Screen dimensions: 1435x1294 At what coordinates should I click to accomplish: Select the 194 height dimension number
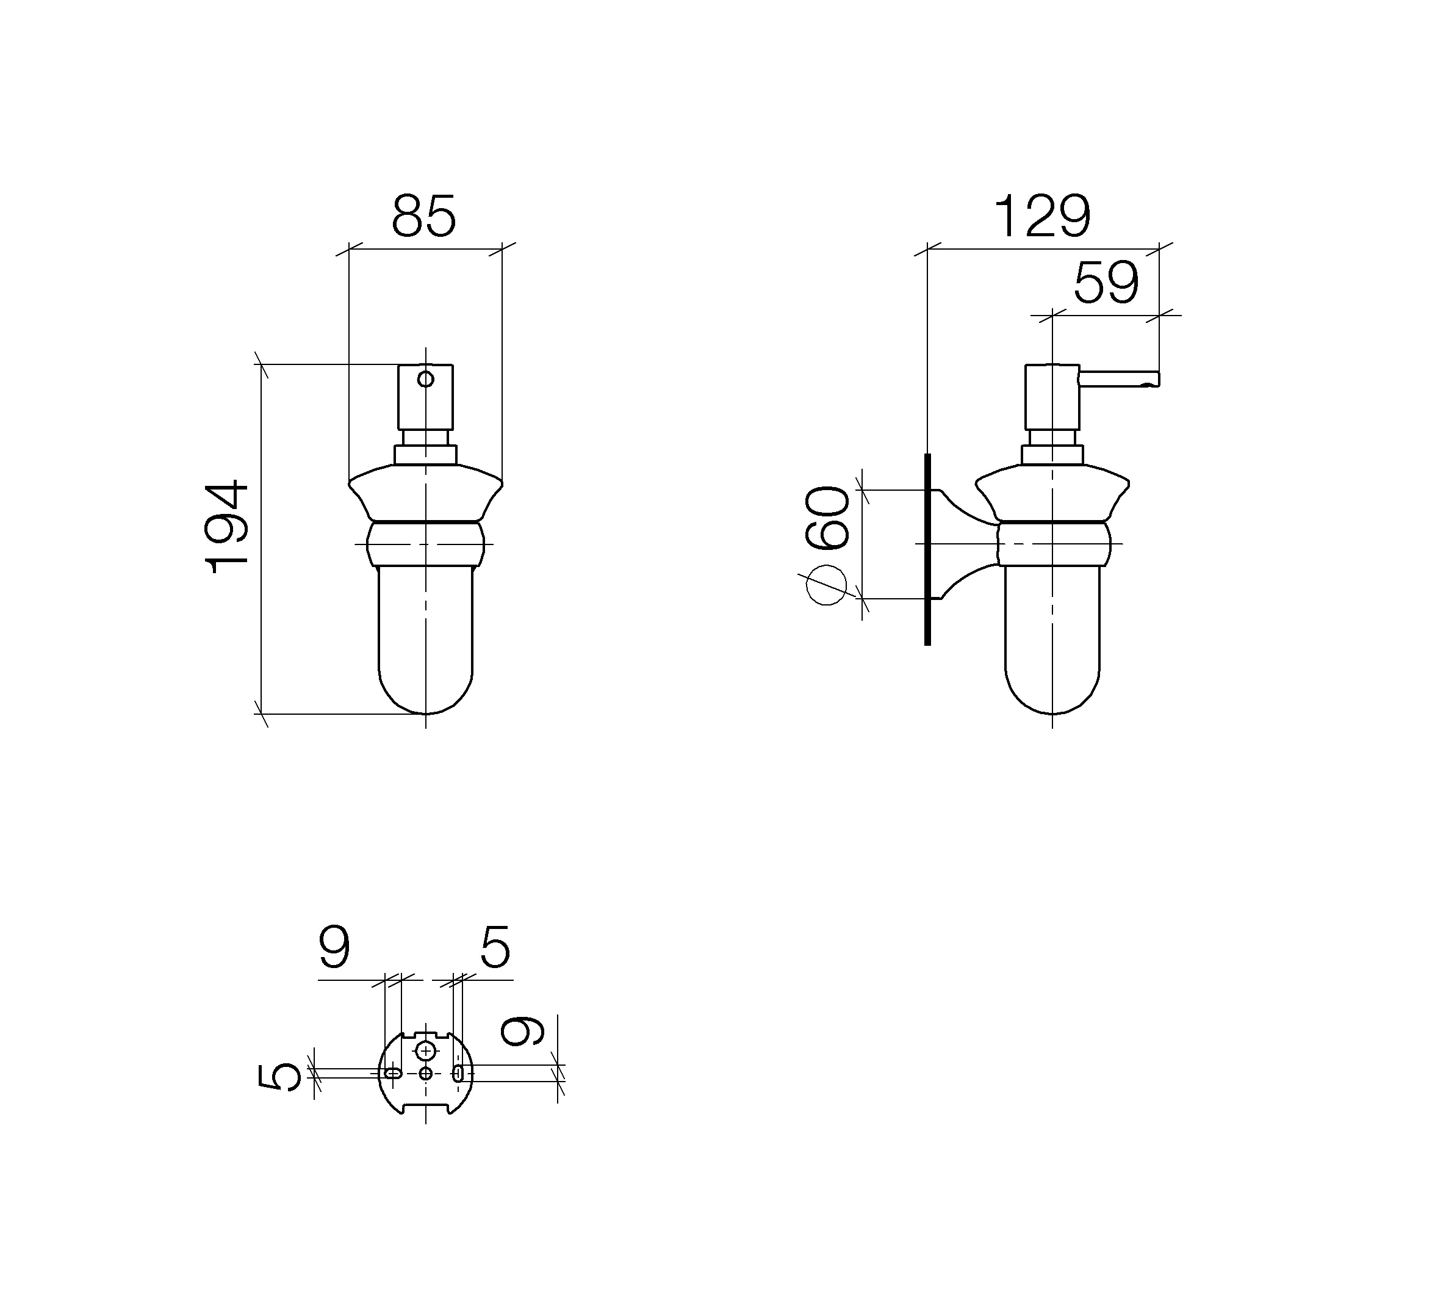(x=228, y=527)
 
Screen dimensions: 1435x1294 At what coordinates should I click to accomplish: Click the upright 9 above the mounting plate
(x=334, y=947)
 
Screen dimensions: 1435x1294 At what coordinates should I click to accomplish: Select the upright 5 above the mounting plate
(x=495, y=947)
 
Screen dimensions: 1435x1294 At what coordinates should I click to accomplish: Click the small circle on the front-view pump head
(x=425, y=379)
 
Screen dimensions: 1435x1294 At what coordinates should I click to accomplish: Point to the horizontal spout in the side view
(x=1120, y=379)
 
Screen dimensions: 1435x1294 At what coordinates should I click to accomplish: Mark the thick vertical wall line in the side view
(x=927, y=549)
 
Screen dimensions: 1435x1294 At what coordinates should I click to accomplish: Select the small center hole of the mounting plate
(x=426, y=1074)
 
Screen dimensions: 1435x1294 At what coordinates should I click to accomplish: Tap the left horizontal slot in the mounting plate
(x=392, y=1073)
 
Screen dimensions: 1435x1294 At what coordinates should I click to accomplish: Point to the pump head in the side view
(x=1052, y=397)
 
